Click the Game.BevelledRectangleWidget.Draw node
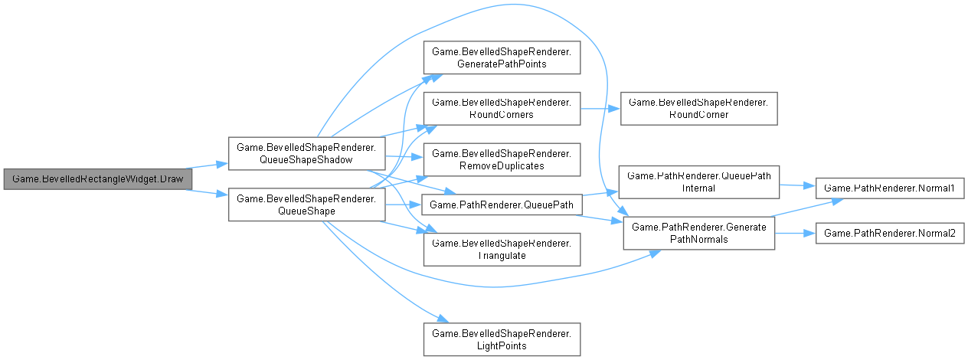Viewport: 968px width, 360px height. click(97, 178)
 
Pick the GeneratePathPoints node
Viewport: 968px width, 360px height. click(501, 57)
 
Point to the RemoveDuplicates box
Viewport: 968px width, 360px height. click(501, 159)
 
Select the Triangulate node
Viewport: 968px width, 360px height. click(501, 249)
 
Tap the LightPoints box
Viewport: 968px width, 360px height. click(501, 339)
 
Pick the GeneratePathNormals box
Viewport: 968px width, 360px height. click(698, 232)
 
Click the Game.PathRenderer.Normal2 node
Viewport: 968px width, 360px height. click(888, 232)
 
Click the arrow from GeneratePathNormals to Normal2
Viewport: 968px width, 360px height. click(794, 232)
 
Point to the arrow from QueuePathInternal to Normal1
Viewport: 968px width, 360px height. click(796, 185)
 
